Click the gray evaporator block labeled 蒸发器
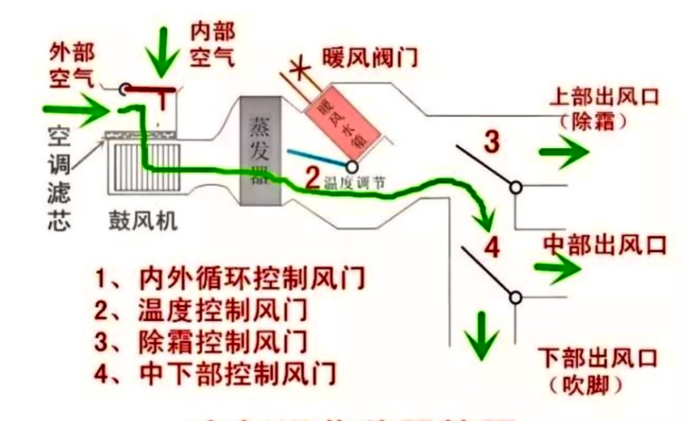coord(262,154)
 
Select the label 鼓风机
coord(143,221)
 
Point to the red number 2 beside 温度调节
coord(311,180)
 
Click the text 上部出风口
coord(603,96)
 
